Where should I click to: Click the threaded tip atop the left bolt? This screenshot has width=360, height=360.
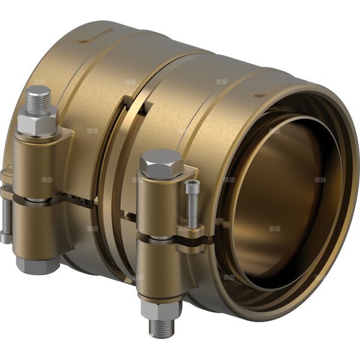click(40, 98)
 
